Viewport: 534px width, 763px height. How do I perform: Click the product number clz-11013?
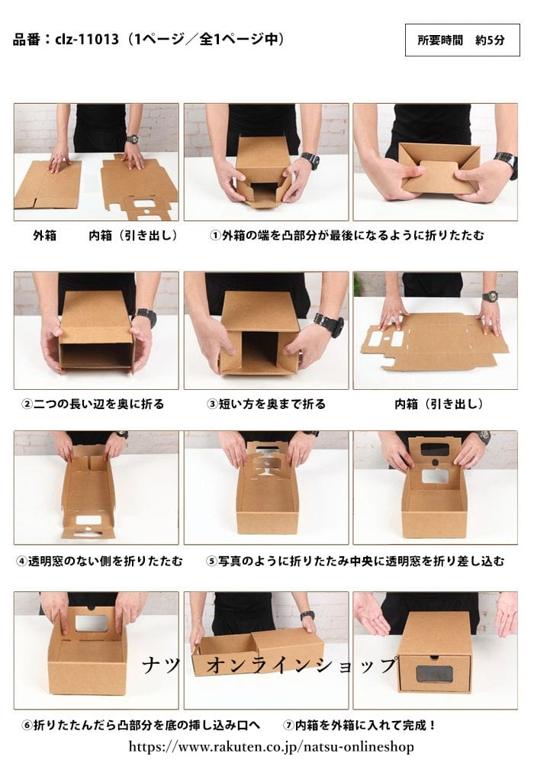pyautogui.click(x=87, y=39)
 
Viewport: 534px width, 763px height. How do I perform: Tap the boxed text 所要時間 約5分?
pyautogui.click(x=462, y=40)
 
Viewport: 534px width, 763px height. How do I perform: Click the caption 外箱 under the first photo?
pyautogui.click(x=45, y=236)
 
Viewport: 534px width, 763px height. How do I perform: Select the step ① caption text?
pyautogui.click(x=347, y=236)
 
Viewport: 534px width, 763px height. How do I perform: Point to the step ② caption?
pyautogui.click(x=93, y=404)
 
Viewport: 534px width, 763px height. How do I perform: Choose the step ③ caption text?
pyautogui.click(x=266, y=404)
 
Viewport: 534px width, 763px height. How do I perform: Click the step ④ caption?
pyautogui.click(x=100, y=562)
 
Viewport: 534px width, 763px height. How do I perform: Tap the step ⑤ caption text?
pyautogui.click(x=355, y=562)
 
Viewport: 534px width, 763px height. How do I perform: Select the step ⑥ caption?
pyautogui.click(x=142, y=726)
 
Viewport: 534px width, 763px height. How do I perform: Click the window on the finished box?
pyautogui.click(x=434, y=674)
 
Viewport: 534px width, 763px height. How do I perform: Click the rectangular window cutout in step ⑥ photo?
pyautogui.click(x=92, y=623)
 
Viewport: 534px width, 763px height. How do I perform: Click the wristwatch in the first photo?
pyautogui.click(x=132, y=139)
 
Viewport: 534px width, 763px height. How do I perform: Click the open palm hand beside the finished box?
pyautogui.click(x=372, y=613)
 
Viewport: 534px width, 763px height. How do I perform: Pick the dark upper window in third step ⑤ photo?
pyautogui.click(x=434, y=449)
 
